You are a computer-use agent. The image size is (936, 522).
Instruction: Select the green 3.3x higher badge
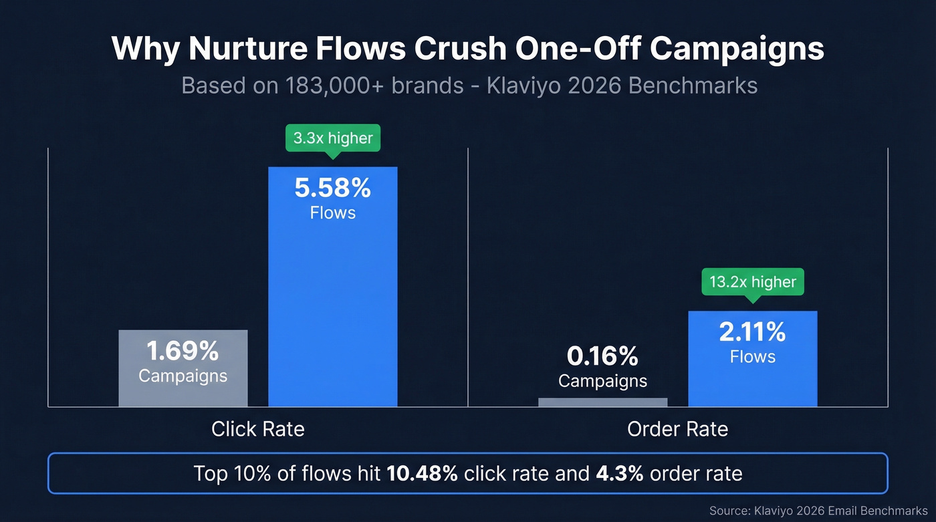(332, 139)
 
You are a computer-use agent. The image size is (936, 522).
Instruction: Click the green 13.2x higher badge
(753, 282)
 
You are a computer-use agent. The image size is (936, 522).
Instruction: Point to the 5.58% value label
(332, 188)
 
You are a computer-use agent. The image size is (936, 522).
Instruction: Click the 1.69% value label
(183, 351)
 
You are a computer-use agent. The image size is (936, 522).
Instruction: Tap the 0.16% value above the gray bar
(602, 356)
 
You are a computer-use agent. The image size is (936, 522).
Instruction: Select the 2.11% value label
(752, 332)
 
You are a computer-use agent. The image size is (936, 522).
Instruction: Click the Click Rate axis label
(257, 428)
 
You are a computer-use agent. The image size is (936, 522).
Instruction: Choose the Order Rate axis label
(677, 428)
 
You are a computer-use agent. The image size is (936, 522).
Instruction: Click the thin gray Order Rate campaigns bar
(602, 402)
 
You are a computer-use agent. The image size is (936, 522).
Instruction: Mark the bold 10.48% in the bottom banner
(422, 474)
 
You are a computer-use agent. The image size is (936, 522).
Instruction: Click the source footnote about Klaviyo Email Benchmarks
(818, 511)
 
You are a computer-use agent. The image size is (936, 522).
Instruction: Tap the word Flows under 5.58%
(332, 213)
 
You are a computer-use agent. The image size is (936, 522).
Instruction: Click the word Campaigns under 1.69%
(183, 376)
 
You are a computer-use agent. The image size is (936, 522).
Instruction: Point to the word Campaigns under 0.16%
(602, 381)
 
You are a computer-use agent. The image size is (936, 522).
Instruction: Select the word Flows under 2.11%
(752, 357)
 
